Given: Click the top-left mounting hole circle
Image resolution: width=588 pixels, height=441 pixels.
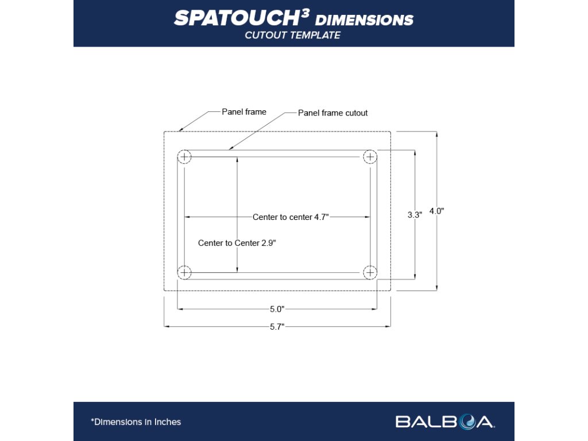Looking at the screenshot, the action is (x=184, y=157).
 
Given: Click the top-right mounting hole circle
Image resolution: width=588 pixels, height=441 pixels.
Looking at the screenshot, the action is (x=370, y=157).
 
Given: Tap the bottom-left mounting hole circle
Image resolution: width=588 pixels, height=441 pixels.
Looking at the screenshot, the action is (x=184, y=272).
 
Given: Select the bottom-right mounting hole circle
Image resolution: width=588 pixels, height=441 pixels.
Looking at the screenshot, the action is (x=370, y=272).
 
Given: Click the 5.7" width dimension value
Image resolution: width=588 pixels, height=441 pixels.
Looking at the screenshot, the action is (x=277, y=327).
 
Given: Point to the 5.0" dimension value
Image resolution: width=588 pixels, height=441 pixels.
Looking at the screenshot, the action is (x=277, y=309).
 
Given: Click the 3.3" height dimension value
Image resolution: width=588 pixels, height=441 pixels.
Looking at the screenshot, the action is (x=415, y=215).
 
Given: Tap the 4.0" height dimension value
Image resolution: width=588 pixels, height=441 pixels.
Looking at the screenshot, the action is (x=436, y=211).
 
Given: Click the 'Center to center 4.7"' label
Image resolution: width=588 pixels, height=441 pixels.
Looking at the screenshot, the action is (x=291, y=217).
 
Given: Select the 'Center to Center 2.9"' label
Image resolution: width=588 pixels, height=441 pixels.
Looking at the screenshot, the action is (x=237, y=243).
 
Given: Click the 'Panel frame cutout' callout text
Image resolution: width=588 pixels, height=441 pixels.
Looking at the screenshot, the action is (x=333, y=113).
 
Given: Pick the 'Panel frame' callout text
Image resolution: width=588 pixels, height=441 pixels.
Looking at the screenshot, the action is (x=244, y=112).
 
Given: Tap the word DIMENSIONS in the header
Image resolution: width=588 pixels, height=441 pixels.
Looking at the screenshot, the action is (x=365, y=20).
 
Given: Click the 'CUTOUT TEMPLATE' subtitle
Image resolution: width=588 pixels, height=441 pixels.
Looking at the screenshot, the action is (x=293, y=36).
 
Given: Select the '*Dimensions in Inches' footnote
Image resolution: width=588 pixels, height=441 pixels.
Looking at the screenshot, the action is (x=136, y=422).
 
